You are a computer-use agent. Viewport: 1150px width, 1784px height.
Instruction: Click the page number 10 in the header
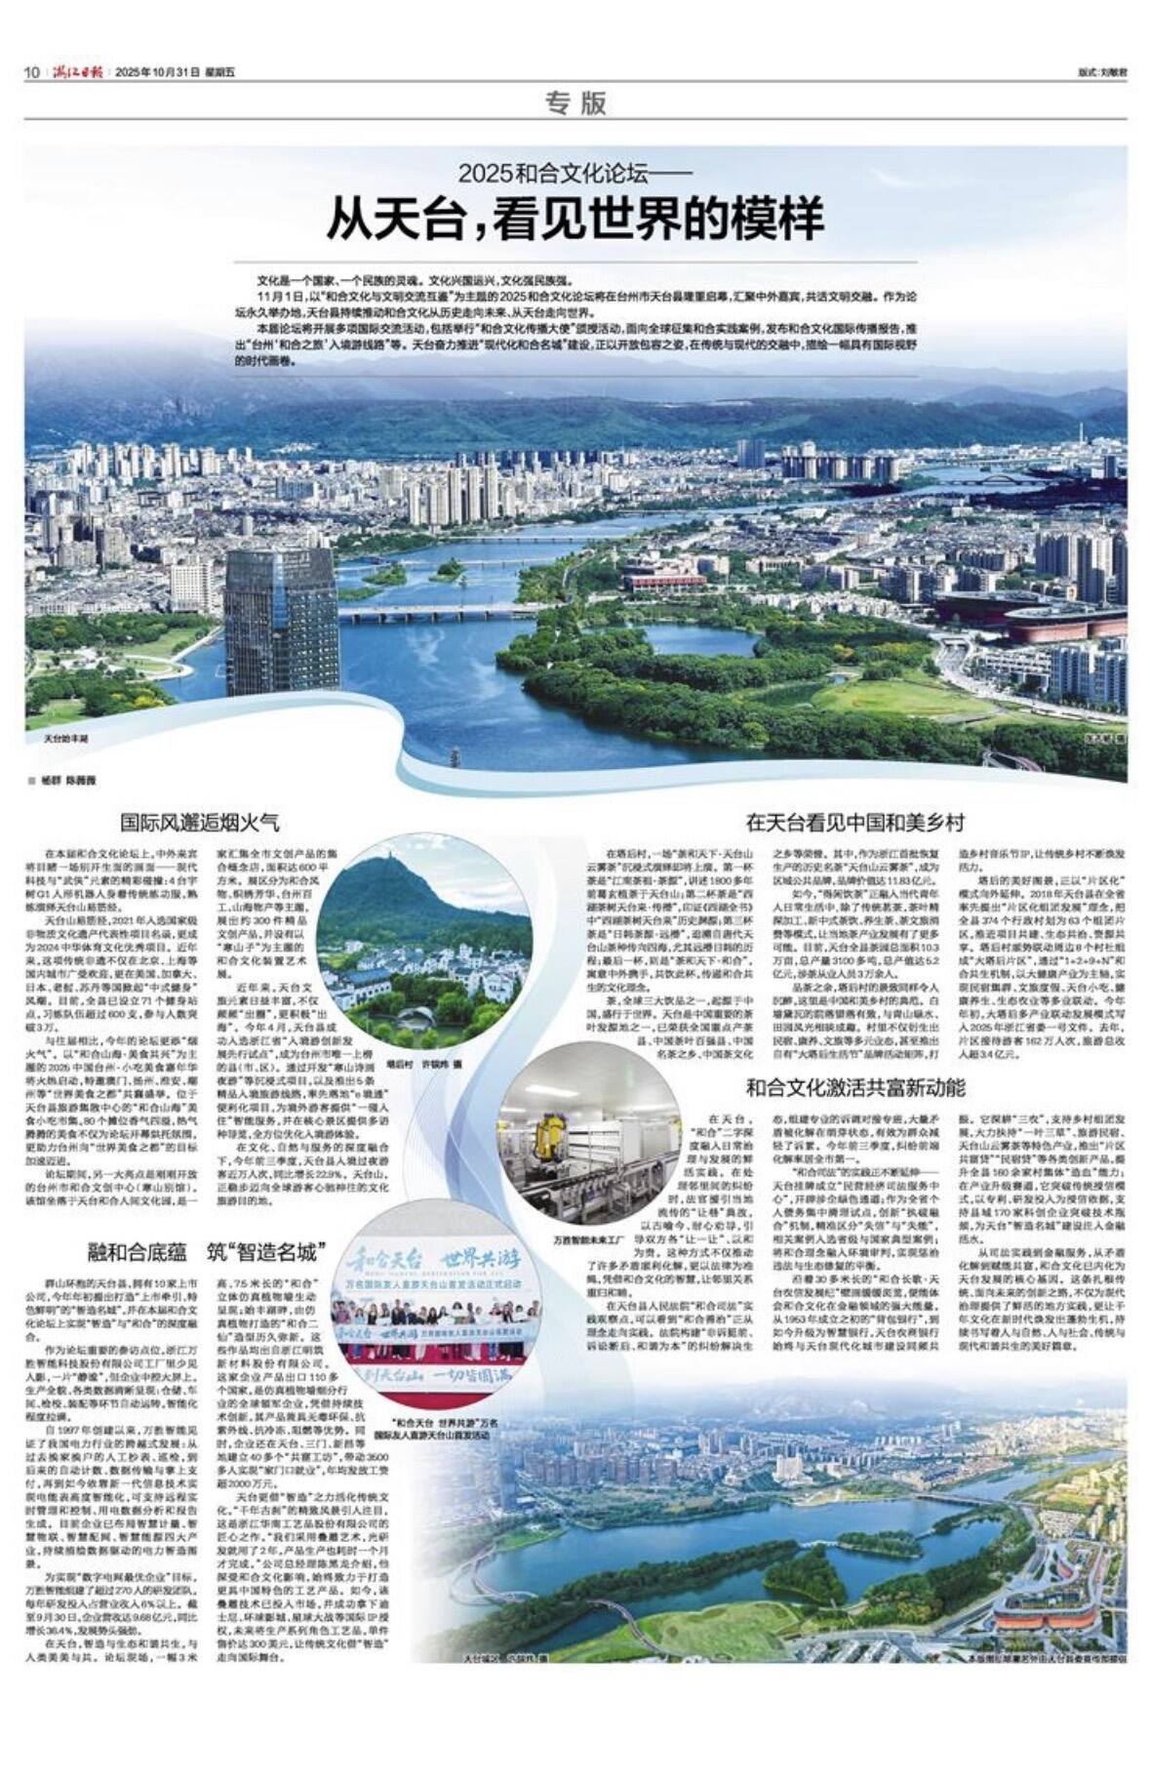click(31, 72)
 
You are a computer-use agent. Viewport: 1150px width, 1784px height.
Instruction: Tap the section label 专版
click(575, 103)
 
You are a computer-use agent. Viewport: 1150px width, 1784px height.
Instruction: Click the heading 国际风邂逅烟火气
click(199, 823)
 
